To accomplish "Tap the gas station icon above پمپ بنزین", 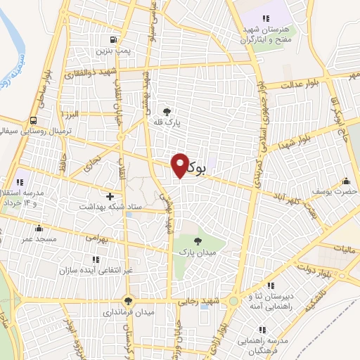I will pyautogui.click(x=112, y=39).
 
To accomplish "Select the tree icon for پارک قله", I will pyautogui.click(x=167, y=111).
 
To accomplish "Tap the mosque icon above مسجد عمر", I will pyautogui.click(x=39, y=228).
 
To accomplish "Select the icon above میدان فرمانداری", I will pyautogui.click(x=127, y=300).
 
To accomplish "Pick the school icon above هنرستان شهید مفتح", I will pyautogui.click(x=265, y=18).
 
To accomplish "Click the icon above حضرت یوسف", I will pyautogui.click(x=345, y=181).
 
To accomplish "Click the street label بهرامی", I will pyautogui.click(x=98, y=239).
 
